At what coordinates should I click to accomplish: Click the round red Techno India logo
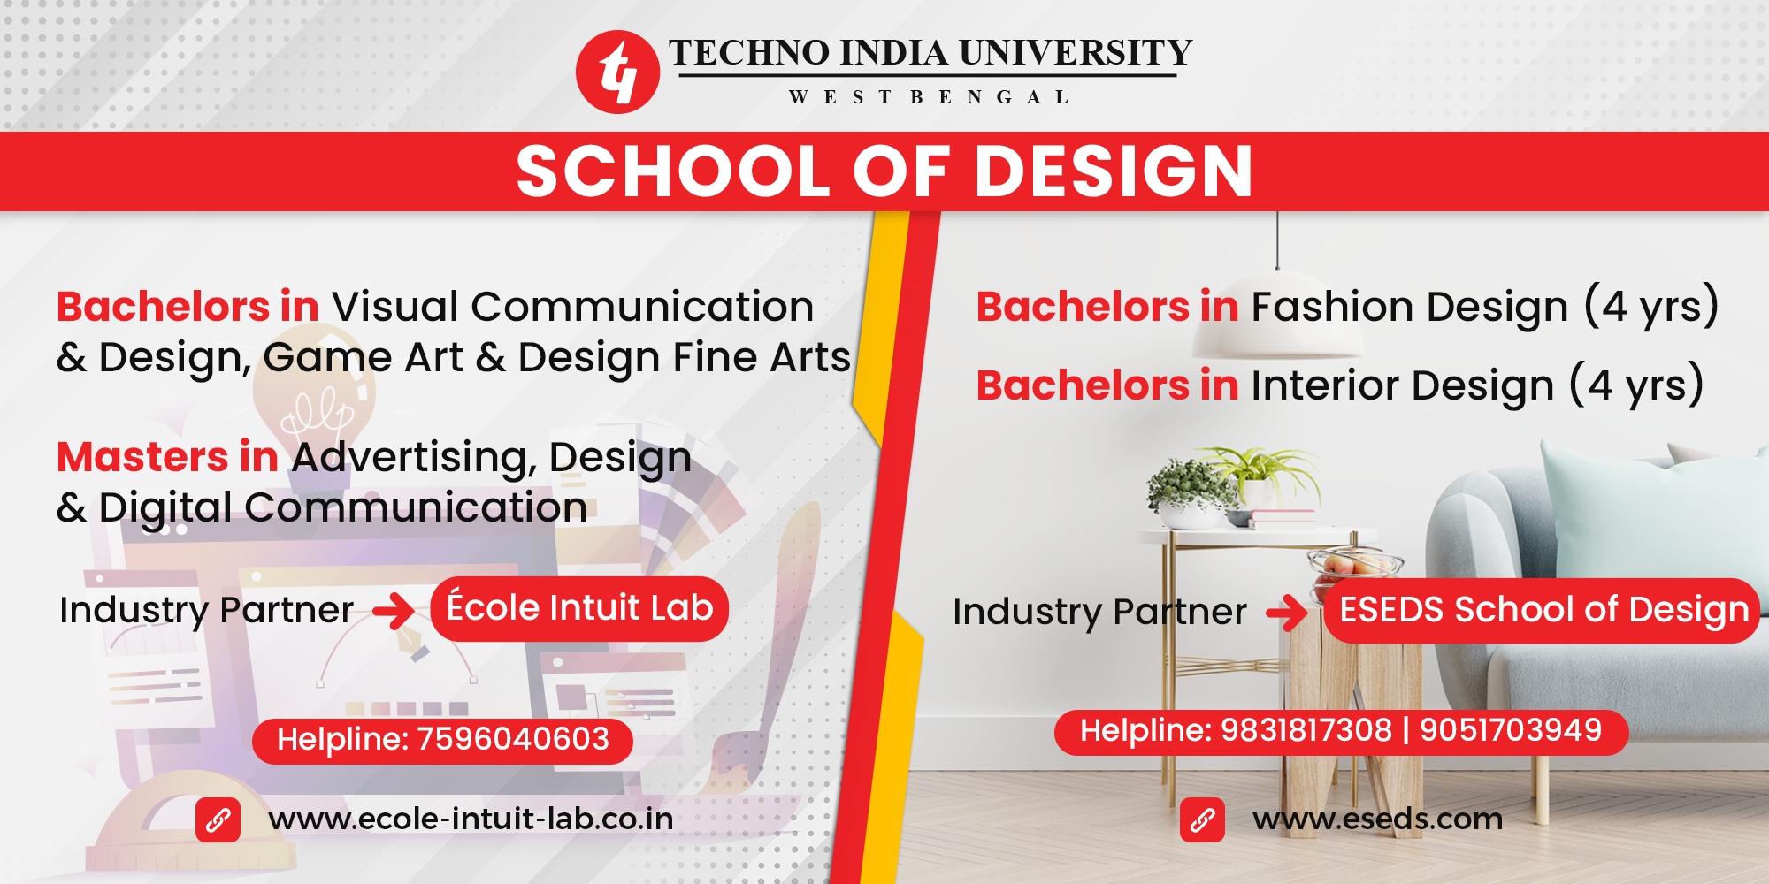(x=617, y=72)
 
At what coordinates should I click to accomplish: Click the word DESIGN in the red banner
(x=1114, y=171)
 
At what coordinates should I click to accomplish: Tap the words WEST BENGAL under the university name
(x=929, y=97)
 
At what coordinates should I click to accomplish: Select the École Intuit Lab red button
(x=579, y=609)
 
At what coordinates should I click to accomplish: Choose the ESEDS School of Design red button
(x=1542, y=611)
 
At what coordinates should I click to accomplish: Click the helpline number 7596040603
(x=513, y=739)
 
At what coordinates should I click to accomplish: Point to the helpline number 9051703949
(x=1511, y=730)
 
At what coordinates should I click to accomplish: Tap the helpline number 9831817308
(x=1306, y=730)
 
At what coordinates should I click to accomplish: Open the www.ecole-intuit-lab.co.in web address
(x=471, y=819)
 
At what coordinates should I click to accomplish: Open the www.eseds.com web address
(x=1377, y=819)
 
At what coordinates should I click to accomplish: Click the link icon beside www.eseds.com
(x=1202, y=820)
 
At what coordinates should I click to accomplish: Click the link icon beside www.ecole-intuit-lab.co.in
(x=218, y=820)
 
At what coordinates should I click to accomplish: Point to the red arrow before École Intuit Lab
(x=394, y=610)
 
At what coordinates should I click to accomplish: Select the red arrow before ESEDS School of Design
(x=1287, y=612)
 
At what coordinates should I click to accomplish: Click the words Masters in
(x=167, y=457)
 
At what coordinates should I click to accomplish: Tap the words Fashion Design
(x=1410, y=308)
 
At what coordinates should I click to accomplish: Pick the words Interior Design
(x=1402, y=386)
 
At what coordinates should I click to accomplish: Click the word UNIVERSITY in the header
(x=1076, y=53)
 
